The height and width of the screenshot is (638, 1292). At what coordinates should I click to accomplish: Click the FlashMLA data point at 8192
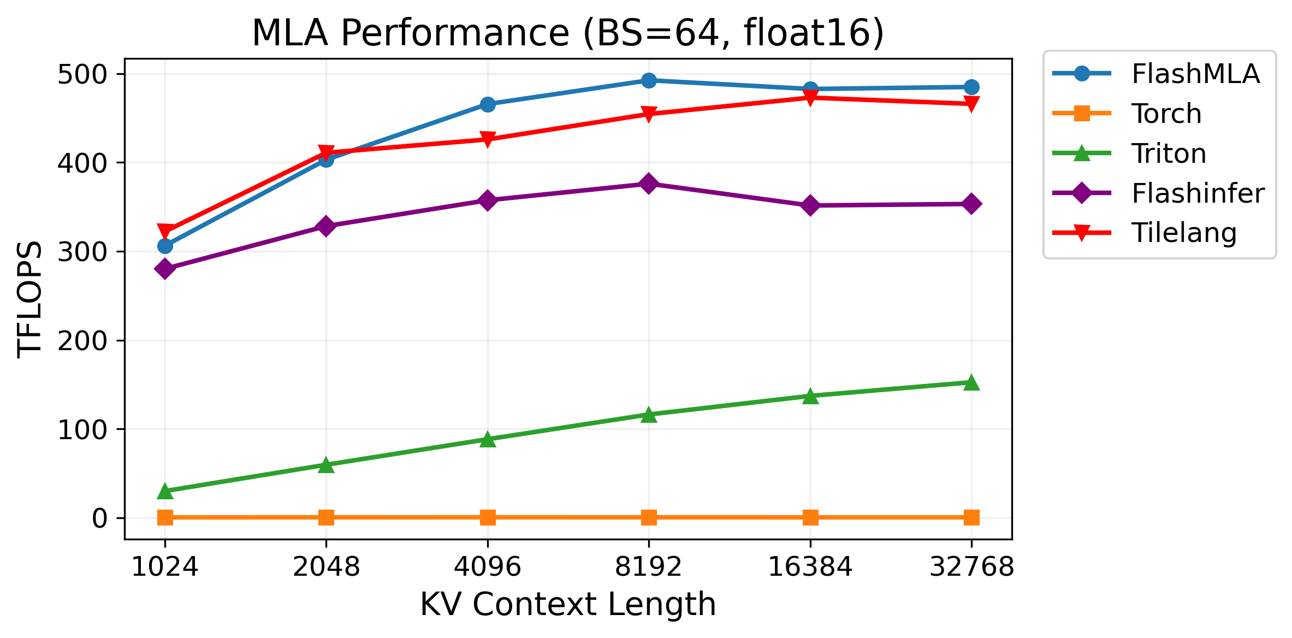[x=649, y=80]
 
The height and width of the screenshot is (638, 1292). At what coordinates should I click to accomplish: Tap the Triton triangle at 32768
[x=971, y=382]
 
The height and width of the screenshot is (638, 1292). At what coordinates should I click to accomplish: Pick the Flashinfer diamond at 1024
[x=165, y=269]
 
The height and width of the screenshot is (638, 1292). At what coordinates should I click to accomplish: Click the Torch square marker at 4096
[x=488, y=517]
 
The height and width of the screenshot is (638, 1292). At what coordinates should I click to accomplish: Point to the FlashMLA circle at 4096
[x=488, y=104]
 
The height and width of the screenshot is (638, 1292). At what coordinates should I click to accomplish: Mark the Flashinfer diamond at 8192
[x=649, y=184]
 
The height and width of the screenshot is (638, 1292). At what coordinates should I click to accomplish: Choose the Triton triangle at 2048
[x=326, y=465]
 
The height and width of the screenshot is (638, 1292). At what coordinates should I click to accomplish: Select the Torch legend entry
[x=1166, y=114]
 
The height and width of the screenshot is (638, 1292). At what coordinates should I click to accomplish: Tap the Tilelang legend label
[x=1183, y=233]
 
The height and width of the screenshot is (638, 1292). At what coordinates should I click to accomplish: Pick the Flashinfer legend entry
[x=1198, y=193]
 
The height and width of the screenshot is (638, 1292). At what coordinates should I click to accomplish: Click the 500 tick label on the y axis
[x=82, y=74]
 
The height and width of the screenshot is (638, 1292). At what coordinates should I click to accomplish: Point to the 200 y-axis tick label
[x=82, y=341]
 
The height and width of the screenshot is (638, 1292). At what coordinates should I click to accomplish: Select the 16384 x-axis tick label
[x=810, y=567]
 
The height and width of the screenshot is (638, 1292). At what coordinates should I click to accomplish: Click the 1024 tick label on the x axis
[x=164, y=567]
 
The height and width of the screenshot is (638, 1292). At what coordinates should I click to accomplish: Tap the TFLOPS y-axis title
[x=29, y=299]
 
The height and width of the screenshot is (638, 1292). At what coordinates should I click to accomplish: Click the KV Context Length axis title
[x=568, y=605]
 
